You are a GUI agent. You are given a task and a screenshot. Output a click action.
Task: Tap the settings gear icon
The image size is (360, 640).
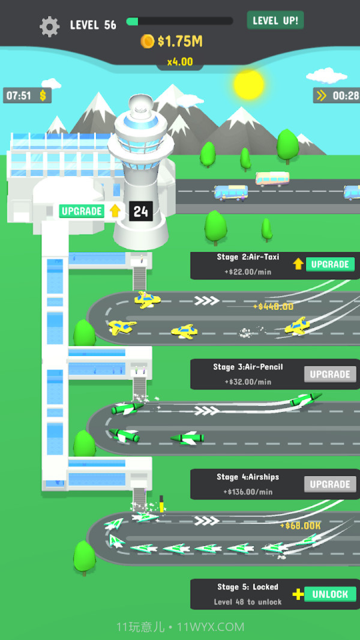point(49,26)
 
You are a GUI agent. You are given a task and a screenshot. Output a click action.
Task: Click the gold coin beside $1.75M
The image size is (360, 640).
point(147,41)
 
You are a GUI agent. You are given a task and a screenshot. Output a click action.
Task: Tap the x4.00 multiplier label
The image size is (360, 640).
point(179,61)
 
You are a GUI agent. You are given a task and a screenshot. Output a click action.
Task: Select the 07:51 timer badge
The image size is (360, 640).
point(27,95)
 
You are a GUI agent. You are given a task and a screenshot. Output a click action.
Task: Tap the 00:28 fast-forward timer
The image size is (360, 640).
point(337,95)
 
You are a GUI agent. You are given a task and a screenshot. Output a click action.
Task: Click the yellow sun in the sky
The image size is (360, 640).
point(248,84)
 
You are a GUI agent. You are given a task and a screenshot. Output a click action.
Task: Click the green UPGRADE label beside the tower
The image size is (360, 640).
point(82,211)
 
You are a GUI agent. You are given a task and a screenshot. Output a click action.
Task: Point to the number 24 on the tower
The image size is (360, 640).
point(140,211)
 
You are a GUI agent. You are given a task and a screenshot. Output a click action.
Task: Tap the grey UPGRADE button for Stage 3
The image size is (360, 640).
point(329,374)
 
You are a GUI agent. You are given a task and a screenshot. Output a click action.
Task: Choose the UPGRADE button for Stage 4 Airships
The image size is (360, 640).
point(329,484)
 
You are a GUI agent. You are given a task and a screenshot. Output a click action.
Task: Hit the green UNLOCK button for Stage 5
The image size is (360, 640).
point(329,594)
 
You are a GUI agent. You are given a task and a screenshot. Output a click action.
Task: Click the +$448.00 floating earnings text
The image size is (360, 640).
point(273,306)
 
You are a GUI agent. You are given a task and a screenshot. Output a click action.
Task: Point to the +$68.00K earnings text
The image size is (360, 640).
point(300,525)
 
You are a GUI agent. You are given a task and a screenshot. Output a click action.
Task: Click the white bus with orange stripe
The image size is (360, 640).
point(272,178)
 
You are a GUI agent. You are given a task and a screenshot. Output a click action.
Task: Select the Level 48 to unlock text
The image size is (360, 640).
point(248,602)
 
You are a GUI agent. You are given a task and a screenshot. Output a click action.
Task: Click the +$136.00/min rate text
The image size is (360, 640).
point(248,492)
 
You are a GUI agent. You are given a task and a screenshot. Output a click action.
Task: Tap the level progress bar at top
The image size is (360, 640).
point(179,22)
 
